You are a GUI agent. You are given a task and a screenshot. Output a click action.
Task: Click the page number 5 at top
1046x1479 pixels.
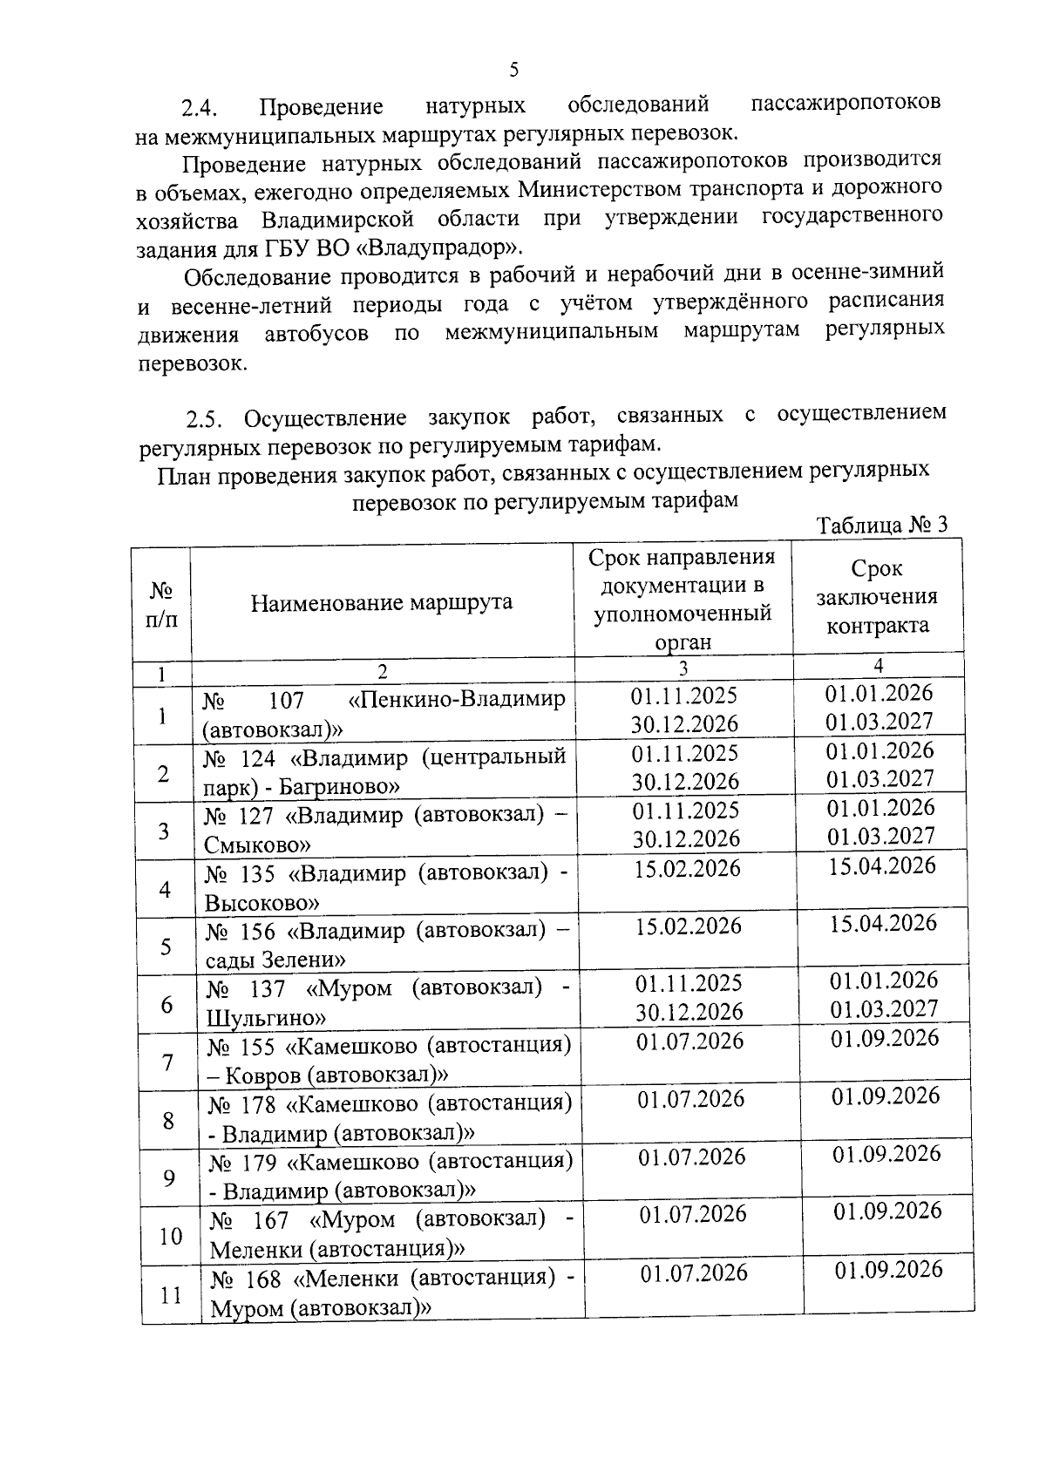[x=513, y=69]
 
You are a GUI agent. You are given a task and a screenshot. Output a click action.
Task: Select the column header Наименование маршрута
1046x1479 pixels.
[x=382, y=602]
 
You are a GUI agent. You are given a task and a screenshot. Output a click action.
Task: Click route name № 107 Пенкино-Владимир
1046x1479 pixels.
[x=384, y=714]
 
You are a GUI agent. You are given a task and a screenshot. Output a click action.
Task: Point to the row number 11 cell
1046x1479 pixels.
[x=171, y=1295]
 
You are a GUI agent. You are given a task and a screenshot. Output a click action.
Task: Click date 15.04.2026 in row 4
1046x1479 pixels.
[x=882, y=865]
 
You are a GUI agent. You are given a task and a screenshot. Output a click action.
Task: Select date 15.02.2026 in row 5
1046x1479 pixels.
[x=688, y=926]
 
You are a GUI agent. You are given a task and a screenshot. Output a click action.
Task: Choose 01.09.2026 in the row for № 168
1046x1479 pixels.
[x=888, y=1269]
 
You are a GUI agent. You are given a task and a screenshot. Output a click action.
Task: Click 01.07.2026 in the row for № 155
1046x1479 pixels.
[x=689, y=1041]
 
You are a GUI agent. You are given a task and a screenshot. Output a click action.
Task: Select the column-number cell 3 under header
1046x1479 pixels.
[x=683, y=668]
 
